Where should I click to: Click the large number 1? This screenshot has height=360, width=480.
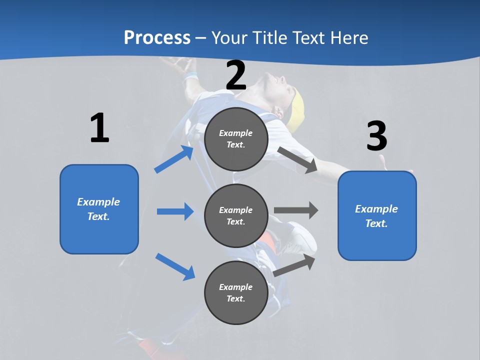tap(99, 128)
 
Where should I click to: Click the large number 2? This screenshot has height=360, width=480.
tap(236, 75)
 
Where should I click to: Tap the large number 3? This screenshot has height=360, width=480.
tap(376, 136)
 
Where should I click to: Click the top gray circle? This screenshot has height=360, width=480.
tap(236, 139)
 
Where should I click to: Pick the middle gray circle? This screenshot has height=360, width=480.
tap(236, 215)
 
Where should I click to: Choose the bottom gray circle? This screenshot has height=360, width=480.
tap(236, 292)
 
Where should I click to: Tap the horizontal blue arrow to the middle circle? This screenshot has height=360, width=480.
tap(175, 211)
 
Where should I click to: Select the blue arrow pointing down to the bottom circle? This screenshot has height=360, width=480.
tap(175, 266)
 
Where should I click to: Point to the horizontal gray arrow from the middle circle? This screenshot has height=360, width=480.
tap(296, 210)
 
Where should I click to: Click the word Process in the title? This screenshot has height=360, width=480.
tap(157, 37)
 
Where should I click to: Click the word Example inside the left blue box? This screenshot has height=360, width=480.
tap(98, 202)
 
